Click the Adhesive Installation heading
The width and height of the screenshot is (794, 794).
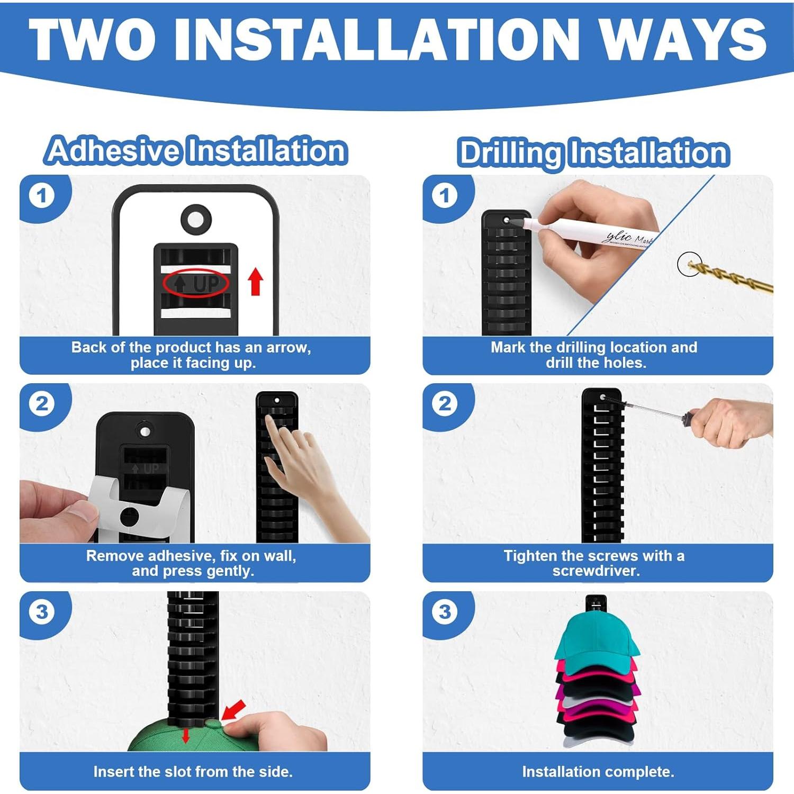(x=196, y=150)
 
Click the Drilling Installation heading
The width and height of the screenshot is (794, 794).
(x=593, y=153)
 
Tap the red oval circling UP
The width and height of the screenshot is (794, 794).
(x=196, y=284)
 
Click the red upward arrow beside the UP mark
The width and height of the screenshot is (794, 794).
(x=256, y=281)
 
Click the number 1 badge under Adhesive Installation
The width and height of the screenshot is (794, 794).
(x=41, y=196)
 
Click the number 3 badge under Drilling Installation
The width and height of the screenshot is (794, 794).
(x=445, y=612)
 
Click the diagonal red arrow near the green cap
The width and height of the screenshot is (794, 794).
(x=233, y=710)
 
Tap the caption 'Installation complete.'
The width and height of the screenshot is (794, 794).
(x=598, y=772)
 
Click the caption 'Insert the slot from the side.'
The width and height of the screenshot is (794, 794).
(x=193, y=772)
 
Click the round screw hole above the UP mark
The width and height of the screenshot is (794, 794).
(x=196, y=219)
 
